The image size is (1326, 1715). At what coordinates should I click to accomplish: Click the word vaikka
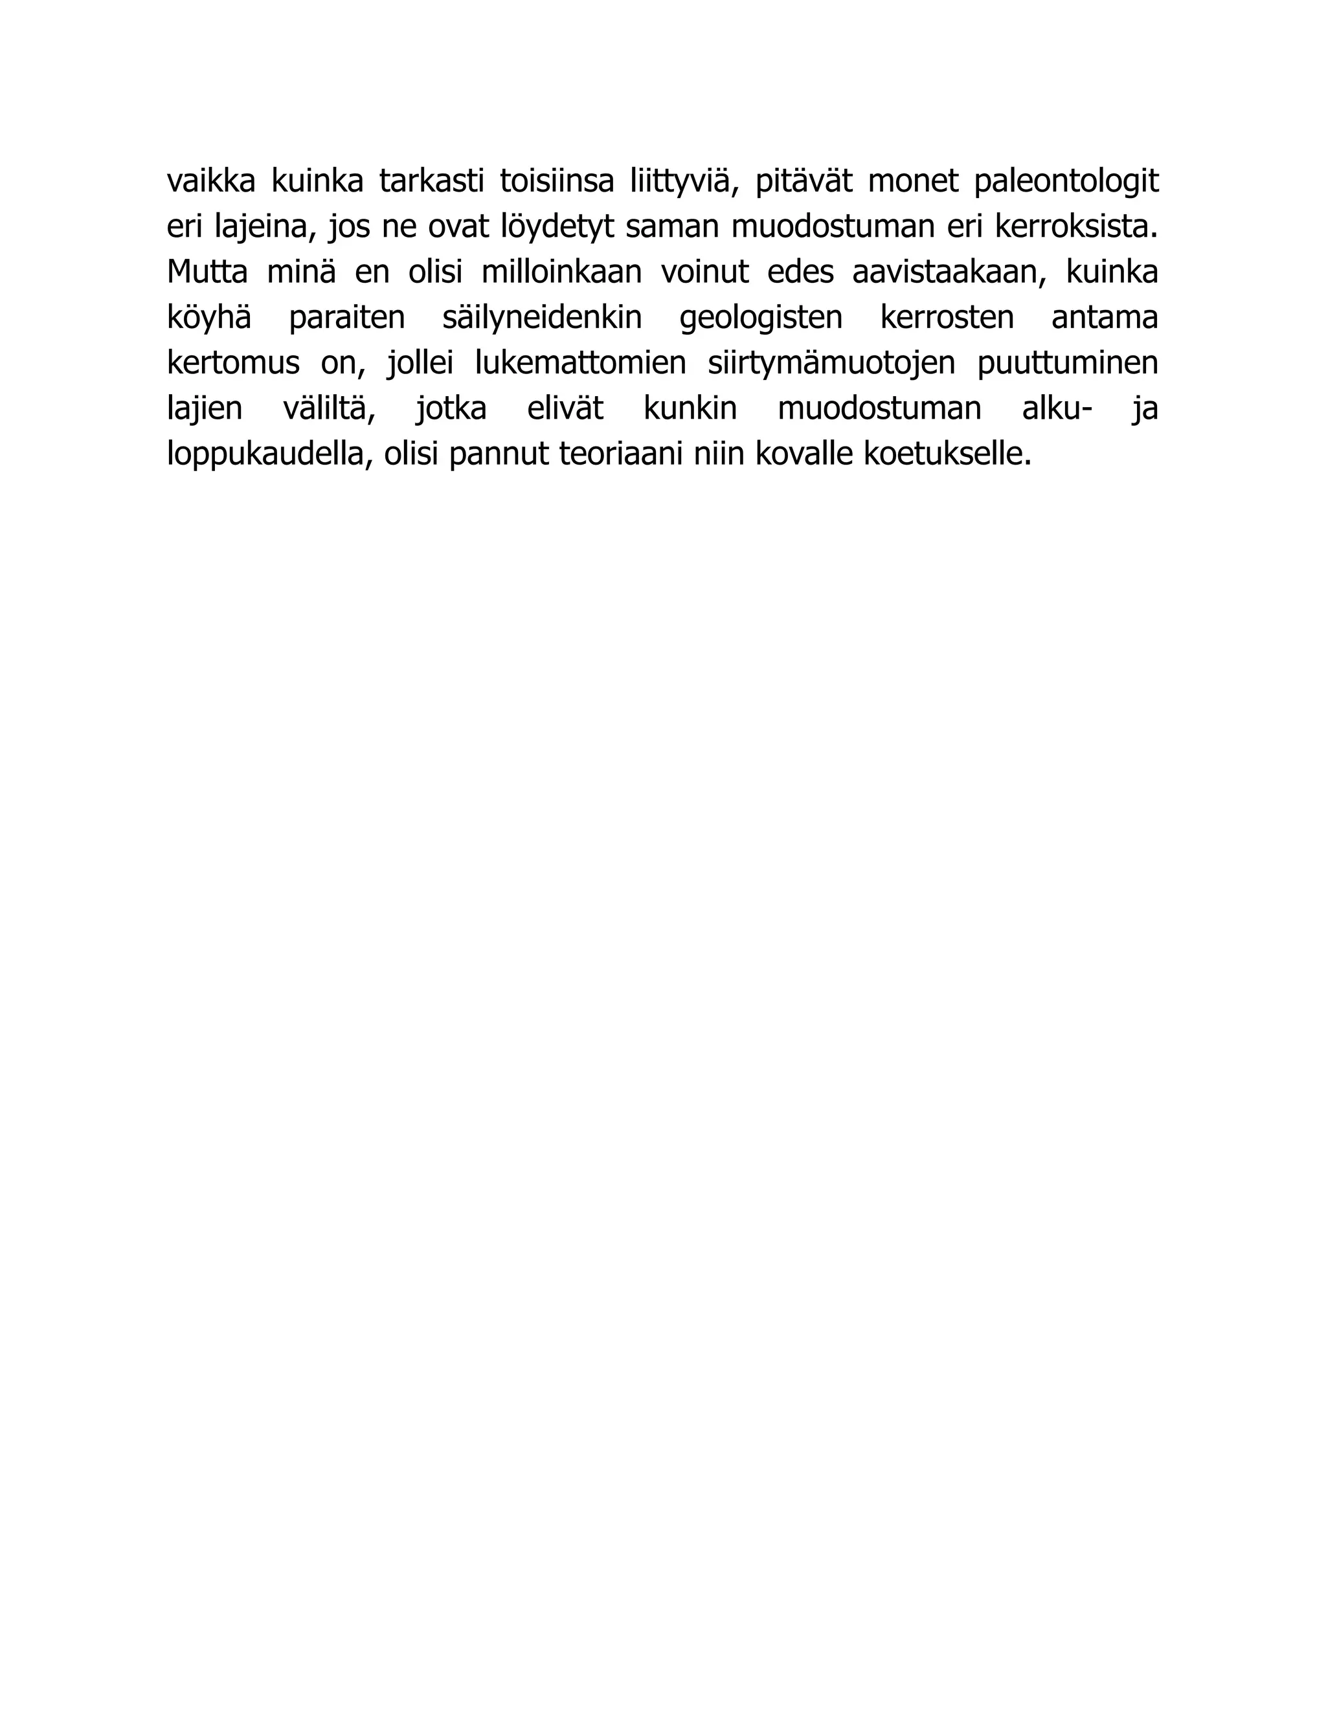point(211,181)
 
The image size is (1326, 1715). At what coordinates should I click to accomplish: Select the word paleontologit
point(1066,181)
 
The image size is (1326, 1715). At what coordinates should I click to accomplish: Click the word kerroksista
point(1076,227)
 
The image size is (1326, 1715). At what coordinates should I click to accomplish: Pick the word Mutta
point(207,272)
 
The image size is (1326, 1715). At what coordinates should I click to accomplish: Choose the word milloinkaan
point(561,272)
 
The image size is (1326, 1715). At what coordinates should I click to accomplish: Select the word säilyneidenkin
point(542,318)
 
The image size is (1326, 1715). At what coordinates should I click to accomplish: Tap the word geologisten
point(760,318)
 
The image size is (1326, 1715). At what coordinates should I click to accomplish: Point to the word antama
point(1105,318)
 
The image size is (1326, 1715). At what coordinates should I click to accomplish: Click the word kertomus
point(233,364)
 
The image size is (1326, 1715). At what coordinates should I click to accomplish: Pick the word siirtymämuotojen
point(831,364)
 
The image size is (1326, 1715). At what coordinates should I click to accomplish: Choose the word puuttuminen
point(1068,364)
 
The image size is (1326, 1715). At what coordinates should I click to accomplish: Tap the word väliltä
point(329,409)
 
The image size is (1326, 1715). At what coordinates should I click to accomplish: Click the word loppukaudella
point(266,455)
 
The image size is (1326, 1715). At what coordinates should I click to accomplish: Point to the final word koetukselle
point(947,455)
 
